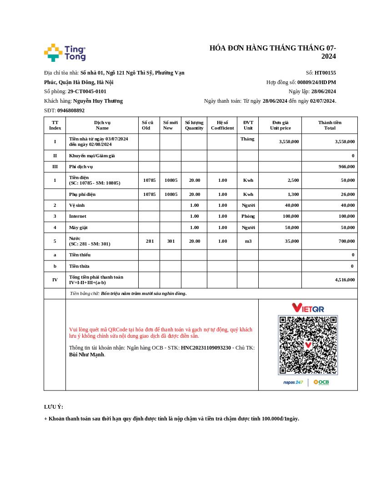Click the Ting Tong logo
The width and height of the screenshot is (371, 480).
click(65, 53)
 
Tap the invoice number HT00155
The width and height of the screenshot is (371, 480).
click(325, 73)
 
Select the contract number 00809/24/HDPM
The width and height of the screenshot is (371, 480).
click(316, 82)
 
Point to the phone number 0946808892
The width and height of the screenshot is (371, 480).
click(71, 110)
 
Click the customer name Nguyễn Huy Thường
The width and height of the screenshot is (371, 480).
click(98, 101)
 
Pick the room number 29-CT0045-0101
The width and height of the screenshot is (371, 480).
click(87, 91)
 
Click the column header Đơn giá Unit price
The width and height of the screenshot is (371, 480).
click(280, 125)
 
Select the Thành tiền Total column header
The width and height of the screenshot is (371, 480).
click(330, 125)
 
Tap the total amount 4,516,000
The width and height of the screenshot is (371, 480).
click(345, 280)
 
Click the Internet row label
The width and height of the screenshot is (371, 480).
click(78, 216)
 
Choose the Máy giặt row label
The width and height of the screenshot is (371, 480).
click(78, 227)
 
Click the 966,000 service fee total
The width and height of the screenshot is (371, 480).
click(346, 167)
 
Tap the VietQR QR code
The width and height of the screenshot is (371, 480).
click(308, 345)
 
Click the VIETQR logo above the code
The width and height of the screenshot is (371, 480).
click(308, 308)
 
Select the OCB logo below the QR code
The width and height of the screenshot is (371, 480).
click(321, 382)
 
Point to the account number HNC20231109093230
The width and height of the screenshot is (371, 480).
click(206, 348)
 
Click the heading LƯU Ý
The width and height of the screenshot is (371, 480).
click(54, 407)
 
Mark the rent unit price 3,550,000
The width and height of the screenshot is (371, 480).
click(289, 141)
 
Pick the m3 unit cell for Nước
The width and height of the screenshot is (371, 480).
click(248, 241)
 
